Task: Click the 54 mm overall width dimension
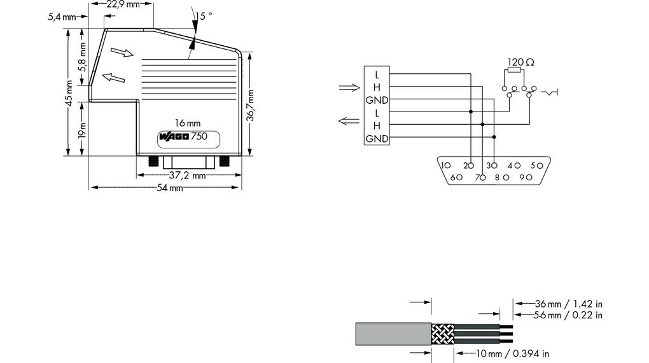click(x=170, y=188)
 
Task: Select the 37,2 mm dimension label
click(x=187, y=175)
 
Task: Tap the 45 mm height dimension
click(x=69, y=93)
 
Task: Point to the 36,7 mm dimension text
click(x=251, y=105)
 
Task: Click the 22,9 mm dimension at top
click(x=123, y=4)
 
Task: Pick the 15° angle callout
click(x=204, y=16)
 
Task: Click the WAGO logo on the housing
click(x=174, y=137)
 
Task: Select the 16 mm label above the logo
click(x=188, y=123)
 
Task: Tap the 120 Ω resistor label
click(x=520, y=62)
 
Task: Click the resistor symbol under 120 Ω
click(x=514, y=70)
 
